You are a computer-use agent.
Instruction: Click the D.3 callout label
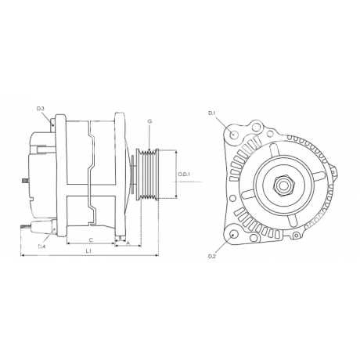(41, 108)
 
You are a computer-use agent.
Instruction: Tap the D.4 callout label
(41, 247)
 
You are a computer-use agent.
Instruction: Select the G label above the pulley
(149, 121)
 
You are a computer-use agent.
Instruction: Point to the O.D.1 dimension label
(185, 174)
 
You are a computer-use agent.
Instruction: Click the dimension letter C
(91, 239)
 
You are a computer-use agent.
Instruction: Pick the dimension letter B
(120, 238)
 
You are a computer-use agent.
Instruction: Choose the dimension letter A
(128, 243)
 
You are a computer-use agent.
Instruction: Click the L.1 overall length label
(88, 251)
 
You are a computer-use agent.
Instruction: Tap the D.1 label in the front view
(211, 113)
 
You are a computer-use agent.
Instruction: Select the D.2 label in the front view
(212, 257)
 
